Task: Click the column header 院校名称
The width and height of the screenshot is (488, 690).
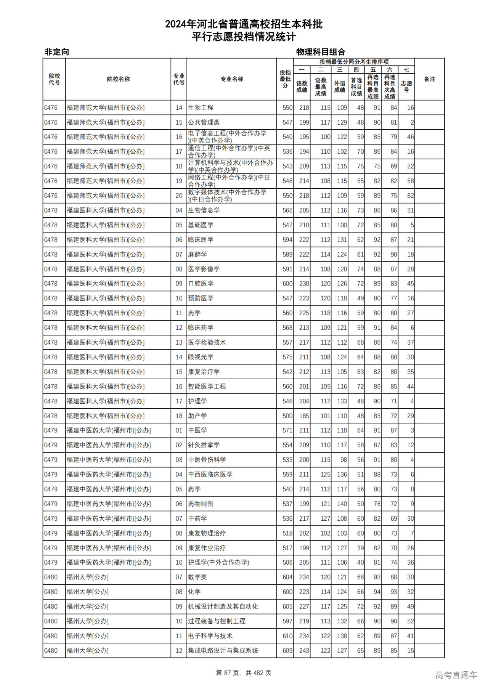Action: click(118, 79)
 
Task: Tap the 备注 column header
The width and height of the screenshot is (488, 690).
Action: click(429, 79)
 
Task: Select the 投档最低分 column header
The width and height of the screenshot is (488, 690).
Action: click(285, 79)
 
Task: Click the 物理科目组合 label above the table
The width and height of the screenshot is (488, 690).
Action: click(321, 52)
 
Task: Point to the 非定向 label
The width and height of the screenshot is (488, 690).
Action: click(57, 52)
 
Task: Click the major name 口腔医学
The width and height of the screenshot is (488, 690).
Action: click(201, 284)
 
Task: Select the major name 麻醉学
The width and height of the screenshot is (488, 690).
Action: click(197, 254)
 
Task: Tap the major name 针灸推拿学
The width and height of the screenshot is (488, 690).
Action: click(204, 445)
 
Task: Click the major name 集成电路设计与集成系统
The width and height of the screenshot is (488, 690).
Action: click(223, 650)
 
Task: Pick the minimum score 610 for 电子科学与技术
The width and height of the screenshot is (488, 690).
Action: click(287, 636)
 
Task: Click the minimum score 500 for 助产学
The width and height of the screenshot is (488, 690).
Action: click(287, 416)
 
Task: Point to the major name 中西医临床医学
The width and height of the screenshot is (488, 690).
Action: click(210, 474)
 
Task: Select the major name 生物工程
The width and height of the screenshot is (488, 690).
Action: click(201, 108)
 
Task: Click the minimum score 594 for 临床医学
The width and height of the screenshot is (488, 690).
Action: click(287, 240)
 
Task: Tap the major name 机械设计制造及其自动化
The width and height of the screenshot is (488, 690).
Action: click(223, 607)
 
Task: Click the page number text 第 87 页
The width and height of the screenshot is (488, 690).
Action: click(229, 673)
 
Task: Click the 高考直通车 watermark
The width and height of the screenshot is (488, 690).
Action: click(456, 675)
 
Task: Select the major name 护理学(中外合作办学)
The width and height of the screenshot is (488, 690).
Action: click(218, 562)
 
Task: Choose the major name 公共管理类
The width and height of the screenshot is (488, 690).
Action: click(204, 122)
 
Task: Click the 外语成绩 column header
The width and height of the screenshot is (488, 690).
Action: click(340, 87)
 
